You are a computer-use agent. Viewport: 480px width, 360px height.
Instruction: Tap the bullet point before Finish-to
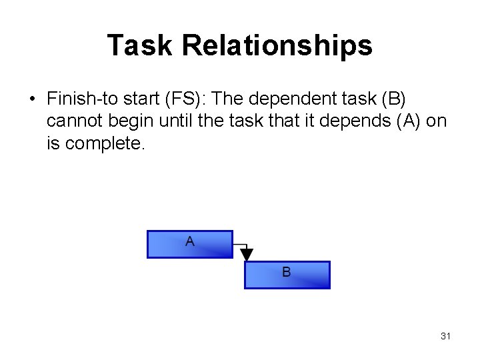(32, 99)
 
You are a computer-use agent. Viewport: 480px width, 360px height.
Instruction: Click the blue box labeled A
(190, 244)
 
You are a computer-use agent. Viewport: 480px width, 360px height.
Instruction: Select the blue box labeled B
(287, 275)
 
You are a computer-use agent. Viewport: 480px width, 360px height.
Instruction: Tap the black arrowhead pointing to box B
(247, 255)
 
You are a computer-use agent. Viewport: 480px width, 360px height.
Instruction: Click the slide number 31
(445, 336)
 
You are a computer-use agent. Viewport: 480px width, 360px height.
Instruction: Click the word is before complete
(54, 144)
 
